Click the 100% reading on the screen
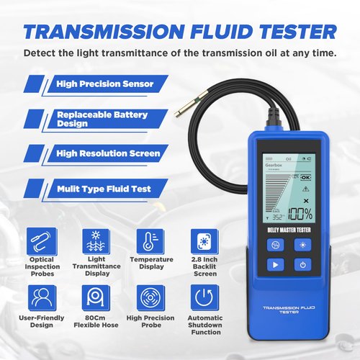point(300,215)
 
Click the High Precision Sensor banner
point(105,84)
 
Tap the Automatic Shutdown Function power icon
point(203,297)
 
